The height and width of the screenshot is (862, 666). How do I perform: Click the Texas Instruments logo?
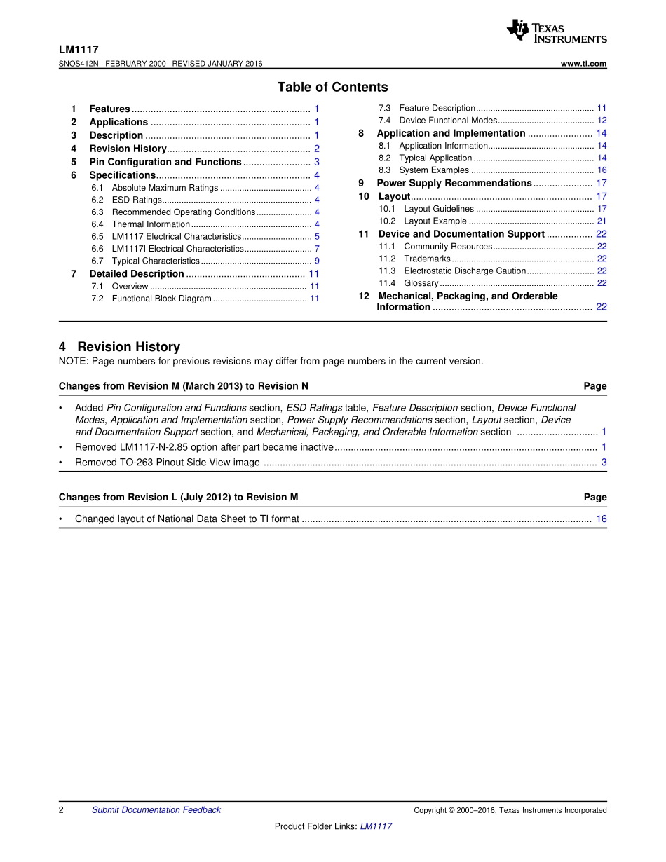coord(557,32)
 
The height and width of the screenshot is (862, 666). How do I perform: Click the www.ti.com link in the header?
coord(583,64)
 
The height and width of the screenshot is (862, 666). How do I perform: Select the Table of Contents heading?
coord(332,88)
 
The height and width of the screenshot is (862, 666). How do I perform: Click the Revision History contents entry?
coord(128,149)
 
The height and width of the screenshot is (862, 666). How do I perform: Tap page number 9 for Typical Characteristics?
coord(317,261)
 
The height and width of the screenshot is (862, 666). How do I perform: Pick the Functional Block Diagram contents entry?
coord(161,299)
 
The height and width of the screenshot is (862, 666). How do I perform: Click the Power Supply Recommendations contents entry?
coord(454,183)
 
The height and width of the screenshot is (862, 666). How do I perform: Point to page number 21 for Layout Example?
coord(602,221)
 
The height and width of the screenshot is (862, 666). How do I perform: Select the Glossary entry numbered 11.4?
coord(421,283)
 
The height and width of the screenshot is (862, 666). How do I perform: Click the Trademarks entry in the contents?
coord(427,259)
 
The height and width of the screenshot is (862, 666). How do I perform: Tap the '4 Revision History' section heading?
coord(119,347)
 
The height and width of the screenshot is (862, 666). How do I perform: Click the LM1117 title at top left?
coord(79,50)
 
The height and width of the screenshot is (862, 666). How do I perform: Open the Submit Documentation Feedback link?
coord(156,810)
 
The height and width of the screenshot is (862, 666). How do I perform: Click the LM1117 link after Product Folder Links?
coord(376,826)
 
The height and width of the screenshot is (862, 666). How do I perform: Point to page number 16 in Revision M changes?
coord(602,519)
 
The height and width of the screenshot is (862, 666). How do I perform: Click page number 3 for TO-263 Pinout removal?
coord(604,463)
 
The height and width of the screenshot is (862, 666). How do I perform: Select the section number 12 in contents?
coord(364,296)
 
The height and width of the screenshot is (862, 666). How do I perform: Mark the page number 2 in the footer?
coord(62,810)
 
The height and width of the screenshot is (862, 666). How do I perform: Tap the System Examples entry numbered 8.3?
coord(434,170)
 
